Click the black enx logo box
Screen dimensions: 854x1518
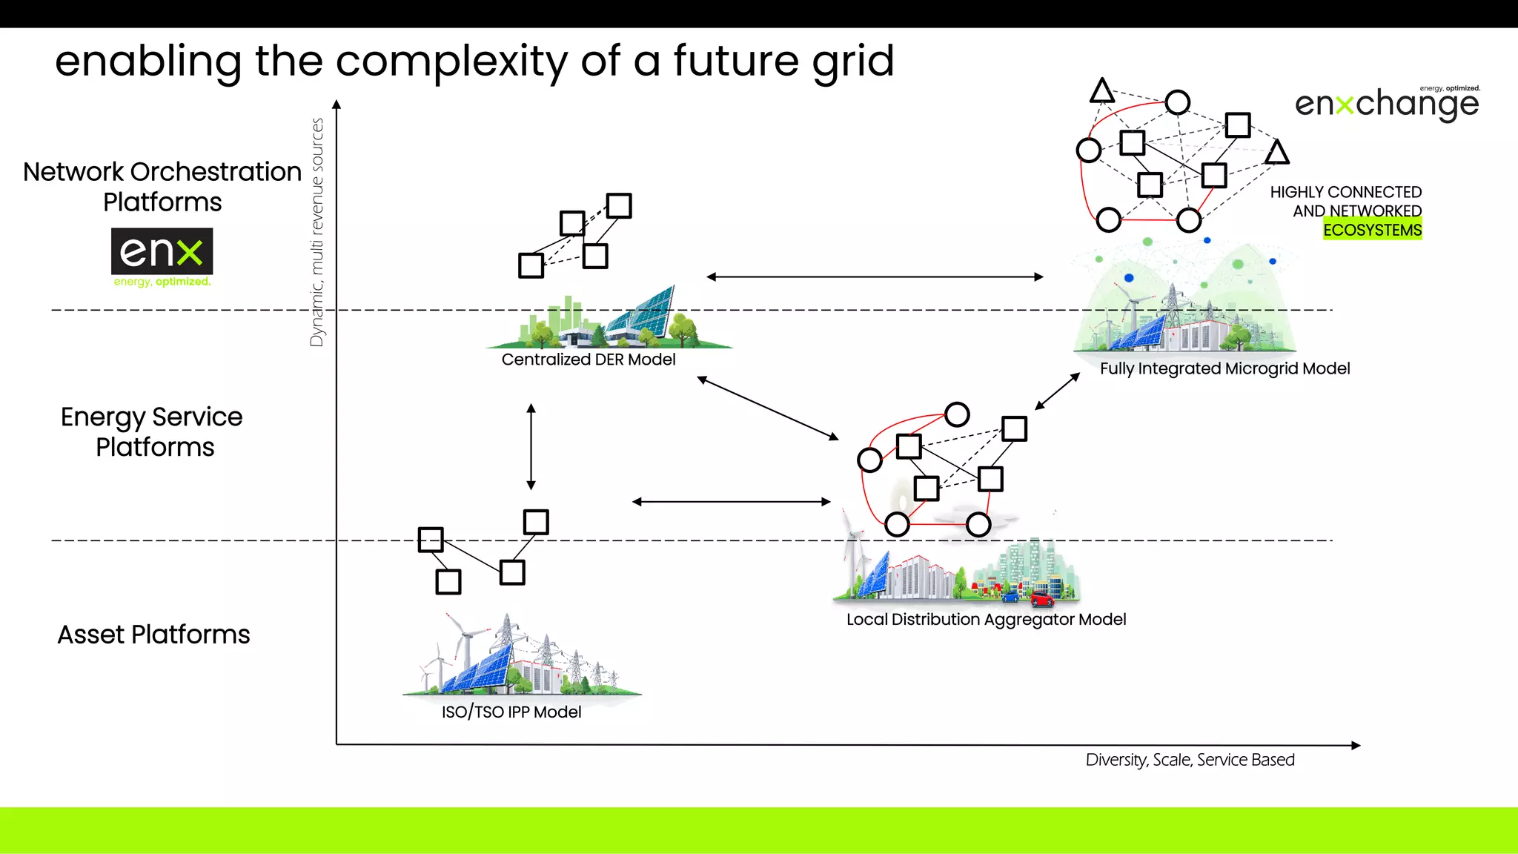(x=162, y=251)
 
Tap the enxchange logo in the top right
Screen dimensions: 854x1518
(x=1386, y=104)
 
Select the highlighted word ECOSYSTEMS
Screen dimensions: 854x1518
(x=1372, y=230)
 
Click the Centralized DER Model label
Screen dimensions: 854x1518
(x=589, y=360)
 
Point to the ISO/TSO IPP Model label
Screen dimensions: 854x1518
(x=511, y=712)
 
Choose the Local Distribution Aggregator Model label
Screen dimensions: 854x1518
(x=986, y=619)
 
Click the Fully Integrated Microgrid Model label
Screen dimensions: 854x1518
(x=1224, y=368)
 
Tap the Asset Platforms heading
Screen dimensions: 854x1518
(x=153, y=635)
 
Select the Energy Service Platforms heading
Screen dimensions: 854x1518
(x=153, y=431)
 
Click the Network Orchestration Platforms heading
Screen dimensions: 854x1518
(x=162, y=186)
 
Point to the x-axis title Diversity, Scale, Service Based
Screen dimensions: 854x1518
(x=1190, y=760)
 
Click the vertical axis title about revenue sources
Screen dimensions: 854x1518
(x=317, y=232)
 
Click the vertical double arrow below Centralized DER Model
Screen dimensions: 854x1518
(x=531, y=446)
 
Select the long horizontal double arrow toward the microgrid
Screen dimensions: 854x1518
(x=875, y=277)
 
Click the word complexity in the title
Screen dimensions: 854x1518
(x=451, y=61)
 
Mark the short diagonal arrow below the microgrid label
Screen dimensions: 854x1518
(x=1058, y=391)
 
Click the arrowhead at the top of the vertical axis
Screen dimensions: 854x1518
(x=337, y=105)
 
